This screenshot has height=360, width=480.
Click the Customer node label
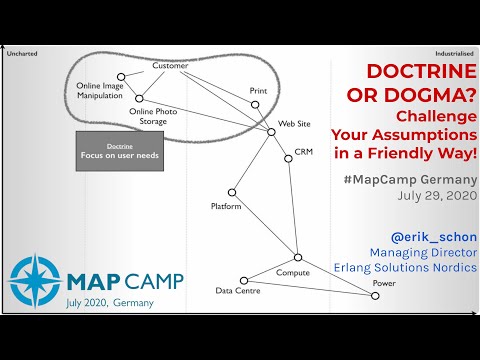[170, 66]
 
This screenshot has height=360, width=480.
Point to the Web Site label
[294, 124]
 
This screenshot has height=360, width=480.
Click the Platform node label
[226, 206]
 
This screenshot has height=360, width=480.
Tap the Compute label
[293, 272]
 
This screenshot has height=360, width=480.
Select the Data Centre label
[238, 292]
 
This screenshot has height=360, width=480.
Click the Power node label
[384, 283]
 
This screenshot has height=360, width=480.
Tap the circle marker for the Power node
[375, 295]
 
